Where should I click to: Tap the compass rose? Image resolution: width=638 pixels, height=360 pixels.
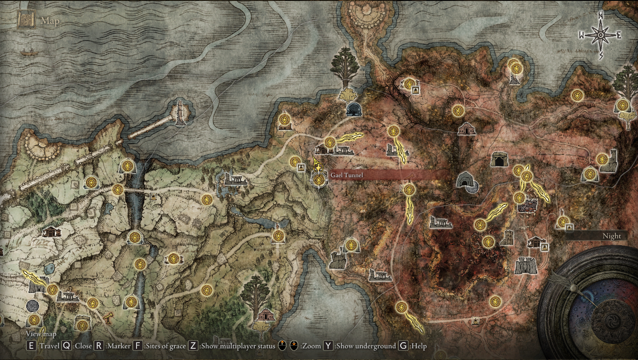pyautogui.click(x=600, y=35)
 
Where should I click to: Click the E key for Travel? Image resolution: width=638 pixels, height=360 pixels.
pyautogui.click(x=31, y=346)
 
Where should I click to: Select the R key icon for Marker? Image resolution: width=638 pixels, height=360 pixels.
pyautogui.click(x=99, y=346)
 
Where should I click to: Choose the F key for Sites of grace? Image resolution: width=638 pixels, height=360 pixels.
pyautogui.click(x=138, y=346)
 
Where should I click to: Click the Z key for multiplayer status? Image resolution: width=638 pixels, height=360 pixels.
pyautogui.click(x=193, y=346)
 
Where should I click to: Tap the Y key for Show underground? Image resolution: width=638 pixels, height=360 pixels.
pyautogui.click(x=328, y=346)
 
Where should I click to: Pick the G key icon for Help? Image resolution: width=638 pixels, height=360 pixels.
pyautogui.click(x=403, y=346)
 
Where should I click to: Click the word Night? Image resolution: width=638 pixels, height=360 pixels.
pyautogui.click(x=612, y=236)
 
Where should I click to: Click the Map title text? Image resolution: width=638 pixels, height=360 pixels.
pyautogui.click(x=50, y=21)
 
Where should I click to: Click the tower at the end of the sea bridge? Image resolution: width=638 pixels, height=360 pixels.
pyautogui.click(x=180, y=112)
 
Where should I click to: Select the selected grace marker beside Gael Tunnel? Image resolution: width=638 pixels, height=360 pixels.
pyautogui.click(x=319, y=180)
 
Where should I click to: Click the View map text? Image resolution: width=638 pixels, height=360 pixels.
pyautogui.click(x=41, y=334)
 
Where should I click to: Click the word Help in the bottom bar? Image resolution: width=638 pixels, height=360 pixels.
pyautogui.click(x=419, y=346)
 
